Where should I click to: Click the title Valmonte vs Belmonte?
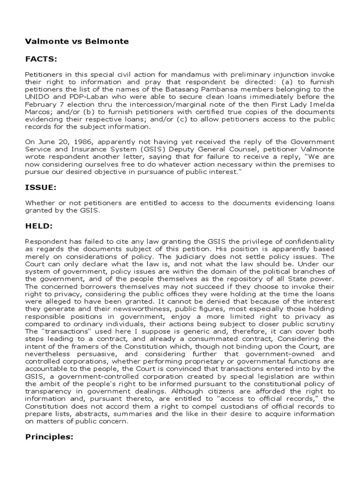point(76,42)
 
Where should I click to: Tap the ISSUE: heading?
point(40,187)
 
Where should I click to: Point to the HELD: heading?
point(40,226)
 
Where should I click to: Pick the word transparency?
point(48,393)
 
